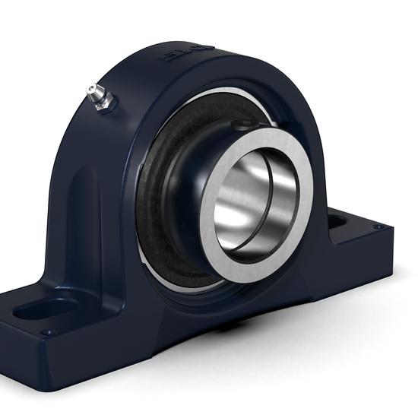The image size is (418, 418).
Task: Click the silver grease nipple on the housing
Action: pos(98,97)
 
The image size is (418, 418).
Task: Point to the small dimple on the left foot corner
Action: pos(47,332)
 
